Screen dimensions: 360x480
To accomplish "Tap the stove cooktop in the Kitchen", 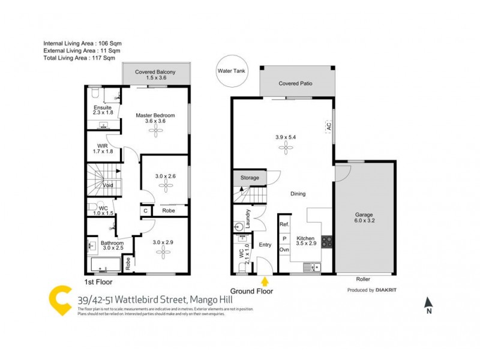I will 328,242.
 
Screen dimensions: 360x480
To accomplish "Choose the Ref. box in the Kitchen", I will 284,224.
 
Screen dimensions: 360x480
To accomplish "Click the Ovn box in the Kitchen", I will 284,249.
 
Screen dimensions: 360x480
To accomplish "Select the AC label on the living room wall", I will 329,126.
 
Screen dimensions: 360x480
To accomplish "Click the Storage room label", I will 250,178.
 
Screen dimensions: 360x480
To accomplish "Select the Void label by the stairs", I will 108,185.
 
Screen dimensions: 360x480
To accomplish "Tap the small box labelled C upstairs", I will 146,211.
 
